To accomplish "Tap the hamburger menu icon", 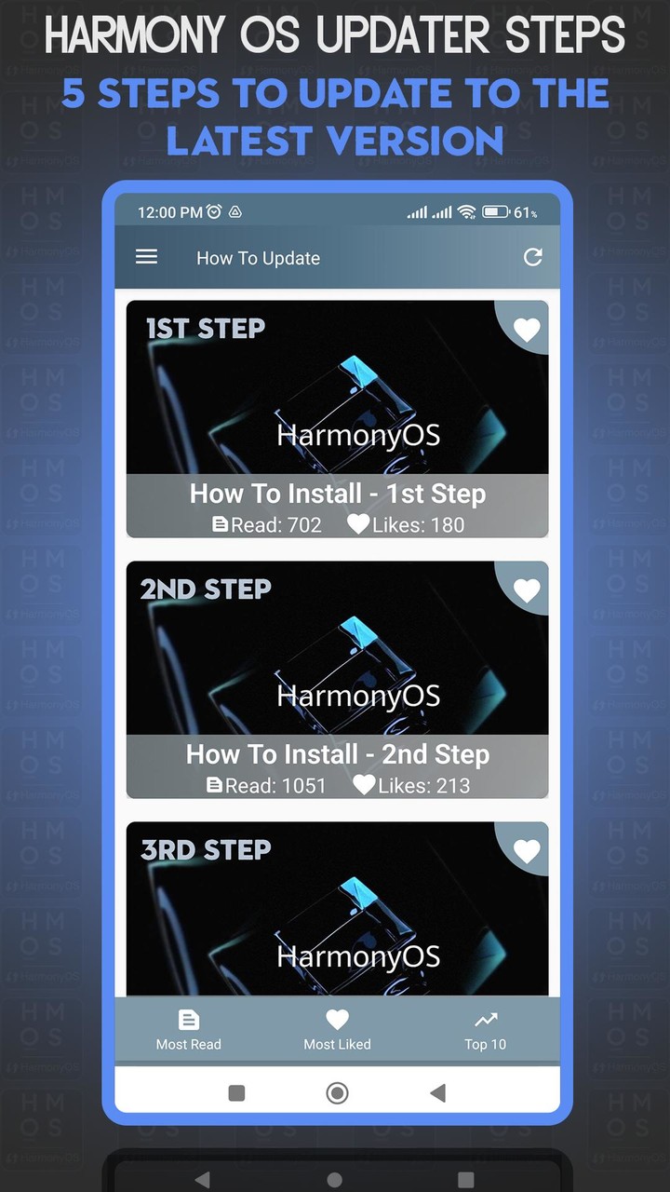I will (147, 257).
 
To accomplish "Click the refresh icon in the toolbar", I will (532, 257).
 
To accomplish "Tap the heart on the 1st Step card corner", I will (527, 330).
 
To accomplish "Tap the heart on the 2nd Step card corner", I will (527, 590).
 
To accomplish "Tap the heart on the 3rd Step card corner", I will (527, 851).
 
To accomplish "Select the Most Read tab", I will (189, 1030).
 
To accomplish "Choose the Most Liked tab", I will (337, 1030).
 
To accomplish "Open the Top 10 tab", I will (485, 1030).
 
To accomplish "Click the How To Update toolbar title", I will (258, 258).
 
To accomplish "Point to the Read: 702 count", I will (267, 524).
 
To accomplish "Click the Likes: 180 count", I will (407, 524).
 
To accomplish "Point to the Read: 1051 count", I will (266, 785).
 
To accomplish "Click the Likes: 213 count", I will (412, 785).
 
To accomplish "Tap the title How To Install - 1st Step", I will (338, 494).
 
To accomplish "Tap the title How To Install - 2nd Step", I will (338, 754).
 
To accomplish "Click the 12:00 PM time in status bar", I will (169, 212).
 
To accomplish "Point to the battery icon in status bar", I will (495, 212).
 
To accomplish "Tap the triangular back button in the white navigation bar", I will (437, 1092).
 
